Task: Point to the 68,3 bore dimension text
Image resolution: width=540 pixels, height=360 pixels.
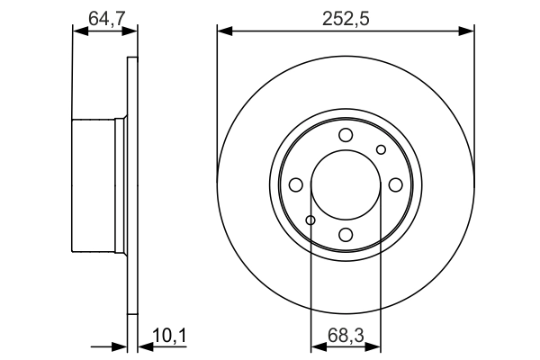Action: (346, 337)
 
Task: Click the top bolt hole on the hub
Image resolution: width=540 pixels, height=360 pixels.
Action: (346, 136)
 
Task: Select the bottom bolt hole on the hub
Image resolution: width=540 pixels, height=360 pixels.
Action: (346, 235)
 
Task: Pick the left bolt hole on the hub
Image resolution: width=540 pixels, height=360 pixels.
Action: (296, 185)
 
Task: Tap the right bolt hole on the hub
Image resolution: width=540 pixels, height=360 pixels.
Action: (395, 185)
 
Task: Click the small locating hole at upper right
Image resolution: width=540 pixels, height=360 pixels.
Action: (381, 149)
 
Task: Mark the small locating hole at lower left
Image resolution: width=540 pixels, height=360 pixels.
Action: (310, 220)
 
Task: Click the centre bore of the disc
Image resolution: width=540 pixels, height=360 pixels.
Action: (346, 185)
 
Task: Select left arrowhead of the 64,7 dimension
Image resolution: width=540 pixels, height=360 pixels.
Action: (78, 31)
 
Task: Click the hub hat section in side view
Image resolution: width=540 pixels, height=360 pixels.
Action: (97, 185)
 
